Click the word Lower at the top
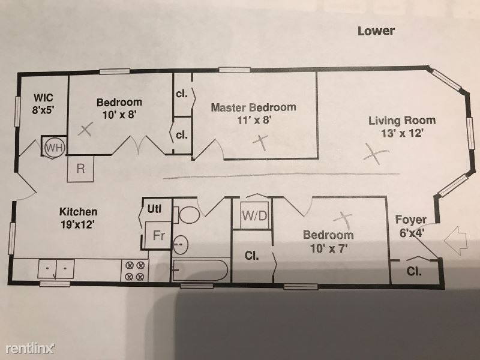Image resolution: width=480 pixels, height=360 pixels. (376, 31)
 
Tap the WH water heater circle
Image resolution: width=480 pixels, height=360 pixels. (55, 148)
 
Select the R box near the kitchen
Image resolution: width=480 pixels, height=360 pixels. (80, 169)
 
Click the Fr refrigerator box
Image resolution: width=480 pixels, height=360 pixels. (158, 235)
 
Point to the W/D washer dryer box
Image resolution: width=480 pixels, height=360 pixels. (254, 215)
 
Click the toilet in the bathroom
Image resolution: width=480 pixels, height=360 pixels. (187, 215)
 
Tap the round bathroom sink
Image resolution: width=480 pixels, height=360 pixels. (181, 245)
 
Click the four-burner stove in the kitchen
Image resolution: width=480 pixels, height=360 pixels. (134, 271)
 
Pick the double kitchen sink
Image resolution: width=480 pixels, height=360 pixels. (56, 269)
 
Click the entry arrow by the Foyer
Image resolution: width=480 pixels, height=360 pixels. (455, 240)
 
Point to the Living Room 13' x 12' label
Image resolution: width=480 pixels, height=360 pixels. (402, 127)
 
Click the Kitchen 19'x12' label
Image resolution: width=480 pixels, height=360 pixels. (79, 218)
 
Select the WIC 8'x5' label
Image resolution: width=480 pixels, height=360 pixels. (43, 104)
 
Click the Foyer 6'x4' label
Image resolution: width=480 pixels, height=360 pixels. (411, 226)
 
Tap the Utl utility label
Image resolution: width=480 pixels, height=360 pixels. (155, 209)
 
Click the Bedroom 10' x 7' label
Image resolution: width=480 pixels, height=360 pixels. (328, 241)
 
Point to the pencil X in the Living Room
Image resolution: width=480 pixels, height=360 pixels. (376, 154)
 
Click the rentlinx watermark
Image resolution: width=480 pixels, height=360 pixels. (30, 348)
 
